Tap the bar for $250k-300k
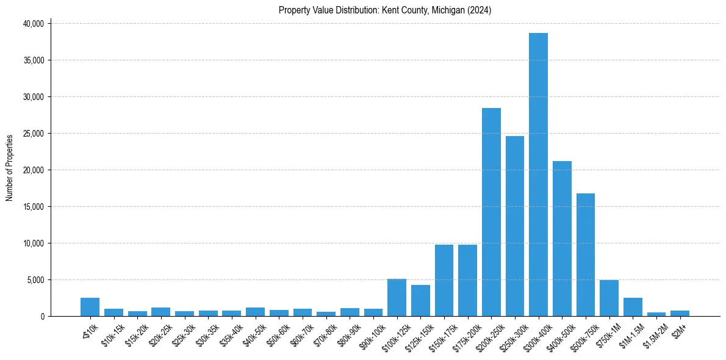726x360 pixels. (x=514, y=226)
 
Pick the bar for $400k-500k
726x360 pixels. (x=562, y=239)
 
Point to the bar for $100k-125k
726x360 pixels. (x=397, y=298)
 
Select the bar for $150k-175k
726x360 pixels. (x=444, y=281)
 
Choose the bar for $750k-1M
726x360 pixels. (x=609, y=298)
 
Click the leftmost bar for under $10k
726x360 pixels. (x=90, y=307)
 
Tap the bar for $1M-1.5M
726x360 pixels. (x=633, y=307)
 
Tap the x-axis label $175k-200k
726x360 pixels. (x=464, y=335)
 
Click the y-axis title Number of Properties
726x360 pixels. (x=10, y=168)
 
